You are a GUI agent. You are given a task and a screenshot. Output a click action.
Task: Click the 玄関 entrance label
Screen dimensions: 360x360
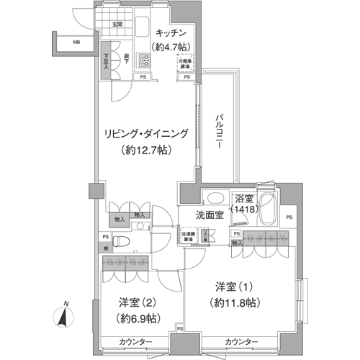click(x=117, y=26)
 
